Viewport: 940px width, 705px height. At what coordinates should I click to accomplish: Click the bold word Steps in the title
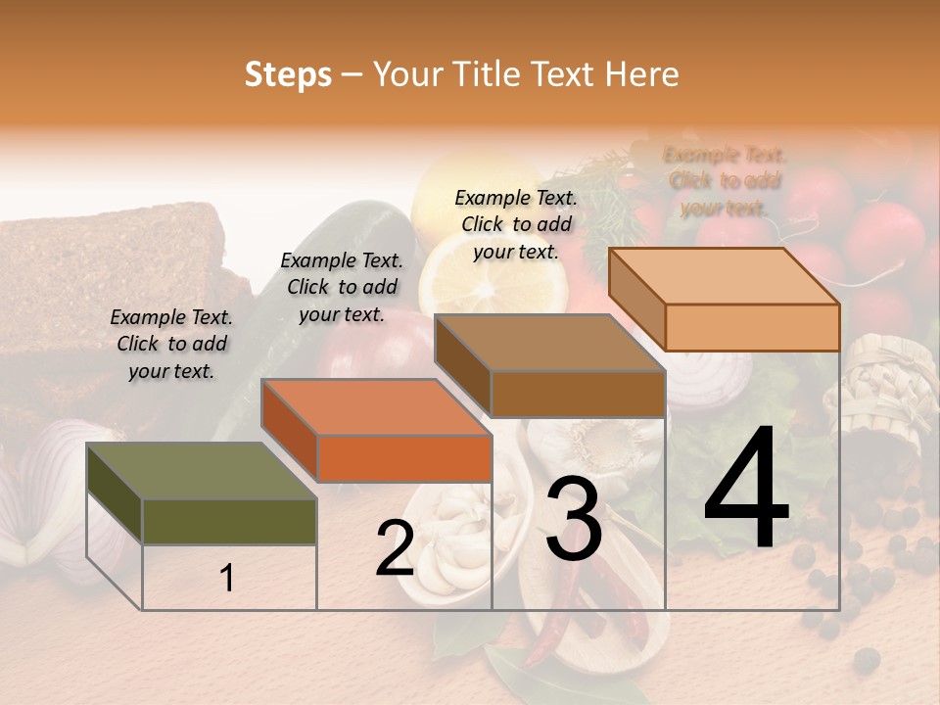288,74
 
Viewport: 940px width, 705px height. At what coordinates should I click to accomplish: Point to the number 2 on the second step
395,548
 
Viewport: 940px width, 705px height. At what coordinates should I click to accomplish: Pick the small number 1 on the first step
227,578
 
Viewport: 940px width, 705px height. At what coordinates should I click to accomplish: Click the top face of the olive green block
201,471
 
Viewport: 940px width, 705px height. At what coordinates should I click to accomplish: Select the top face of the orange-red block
375,406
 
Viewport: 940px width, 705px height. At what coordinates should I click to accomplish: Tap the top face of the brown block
548,343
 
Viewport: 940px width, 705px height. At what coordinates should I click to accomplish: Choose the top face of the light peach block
723,276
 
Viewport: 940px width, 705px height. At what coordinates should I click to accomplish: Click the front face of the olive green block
229,522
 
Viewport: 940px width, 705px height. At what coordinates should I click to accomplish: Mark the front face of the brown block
578,394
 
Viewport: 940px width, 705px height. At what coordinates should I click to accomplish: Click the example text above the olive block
171,345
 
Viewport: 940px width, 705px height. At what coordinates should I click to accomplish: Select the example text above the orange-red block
342,288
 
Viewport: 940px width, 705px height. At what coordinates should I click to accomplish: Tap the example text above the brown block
516,224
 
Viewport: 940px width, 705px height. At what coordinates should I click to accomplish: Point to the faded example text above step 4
725,181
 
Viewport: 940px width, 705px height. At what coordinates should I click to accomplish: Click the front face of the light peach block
752,327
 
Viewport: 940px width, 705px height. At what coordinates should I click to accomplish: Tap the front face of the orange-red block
403,458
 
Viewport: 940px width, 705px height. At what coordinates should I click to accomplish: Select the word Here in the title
642,74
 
